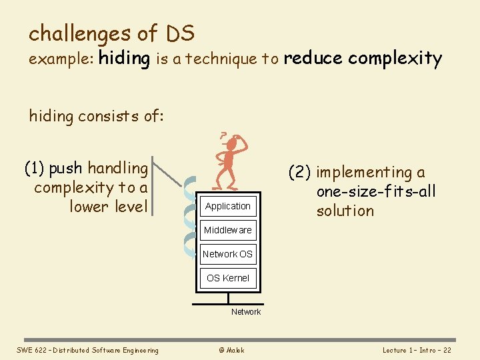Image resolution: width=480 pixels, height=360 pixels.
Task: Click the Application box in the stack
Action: click(x=228, y=207)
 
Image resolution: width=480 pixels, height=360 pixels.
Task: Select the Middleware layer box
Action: click(x=228, y=231)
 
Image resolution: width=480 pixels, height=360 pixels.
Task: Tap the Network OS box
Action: click(x=228, y=254)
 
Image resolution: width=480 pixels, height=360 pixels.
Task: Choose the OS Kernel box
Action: click(x=228, y=278)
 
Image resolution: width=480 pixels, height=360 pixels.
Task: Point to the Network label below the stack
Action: click(x=246, y=312)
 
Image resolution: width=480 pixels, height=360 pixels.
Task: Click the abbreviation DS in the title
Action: click(x=180, y=33)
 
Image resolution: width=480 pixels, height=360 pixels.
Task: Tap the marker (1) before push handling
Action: click(x=35, y=168)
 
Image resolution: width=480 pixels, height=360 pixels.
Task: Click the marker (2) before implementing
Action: click(x=300, y=173)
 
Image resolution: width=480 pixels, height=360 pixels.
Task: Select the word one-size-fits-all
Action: click(x=376, y=192)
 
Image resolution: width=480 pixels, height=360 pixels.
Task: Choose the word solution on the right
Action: click(x=345, y=211)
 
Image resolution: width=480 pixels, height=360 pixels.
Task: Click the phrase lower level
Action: click(x=108, y=207)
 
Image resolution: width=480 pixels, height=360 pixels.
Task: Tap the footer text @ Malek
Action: click(x=231, y=351)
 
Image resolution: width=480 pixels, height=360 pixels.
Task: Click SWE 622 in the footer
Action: click(x=30, y=351)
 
